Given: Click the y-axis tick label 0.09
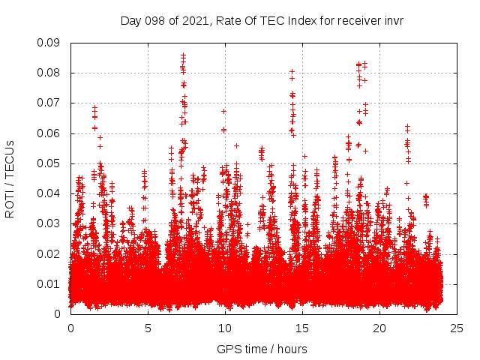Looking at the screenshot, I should [50, 43].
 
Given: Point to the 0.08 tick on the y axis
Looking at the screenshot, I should [50, 73].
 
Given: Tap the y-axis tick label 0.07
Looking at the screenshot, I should [50, 103].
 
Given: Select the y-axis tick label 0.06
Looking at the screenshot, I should [50, 133].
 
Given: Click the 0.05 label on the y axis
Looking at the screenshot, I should [50, 163].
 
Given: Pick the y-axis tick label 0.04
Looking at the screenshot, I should [50, 193].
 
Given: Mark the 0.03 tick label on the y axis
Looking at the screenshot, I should [50, 223].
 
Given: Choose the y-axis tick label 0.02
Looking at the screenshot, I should [50, 253].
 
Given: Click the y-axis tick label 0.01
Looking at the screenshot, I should [50, 283].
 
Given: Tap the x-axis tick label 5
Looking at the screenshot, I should [148, 328].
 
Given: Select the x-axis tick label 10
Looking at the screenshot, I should [225, 328].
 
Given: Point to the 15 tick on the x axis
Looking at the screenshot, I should [302, 328].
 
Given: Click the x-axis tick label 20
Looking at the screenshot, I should [379, 328].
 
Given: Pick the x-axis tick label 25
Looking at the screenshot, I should [457, 328].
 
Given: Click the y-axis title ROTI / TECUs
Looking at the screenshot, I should [10, 178].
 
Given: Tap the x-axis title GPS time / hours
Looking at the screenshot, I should [262, 349].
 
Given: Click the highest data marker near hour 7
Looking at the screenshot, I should [183, 55].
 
